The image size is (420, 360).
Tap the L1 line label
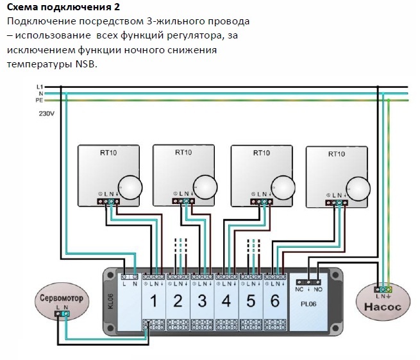[x=40, y=86]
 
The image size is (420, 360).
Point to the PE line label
[x=40, y=101]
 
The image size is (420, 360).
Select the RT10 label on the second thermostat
[x=183, y=153]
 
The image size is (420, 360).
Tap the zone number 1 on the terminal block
[x=154, y=300]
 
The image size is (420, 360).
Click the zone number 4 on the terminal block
[x=226, y=300]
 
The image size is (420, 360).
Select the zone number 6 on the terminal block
[x=274, y=300]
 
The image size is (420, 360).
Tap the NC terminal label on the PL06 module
[x=298, y=289]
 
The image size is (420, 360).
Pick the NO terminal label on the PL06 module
[x=318, y=289]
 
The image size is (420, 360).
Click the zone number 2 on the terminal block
[x=178, y=300]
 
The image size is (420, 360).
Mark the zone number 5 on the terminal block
[x=250, y=300]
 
